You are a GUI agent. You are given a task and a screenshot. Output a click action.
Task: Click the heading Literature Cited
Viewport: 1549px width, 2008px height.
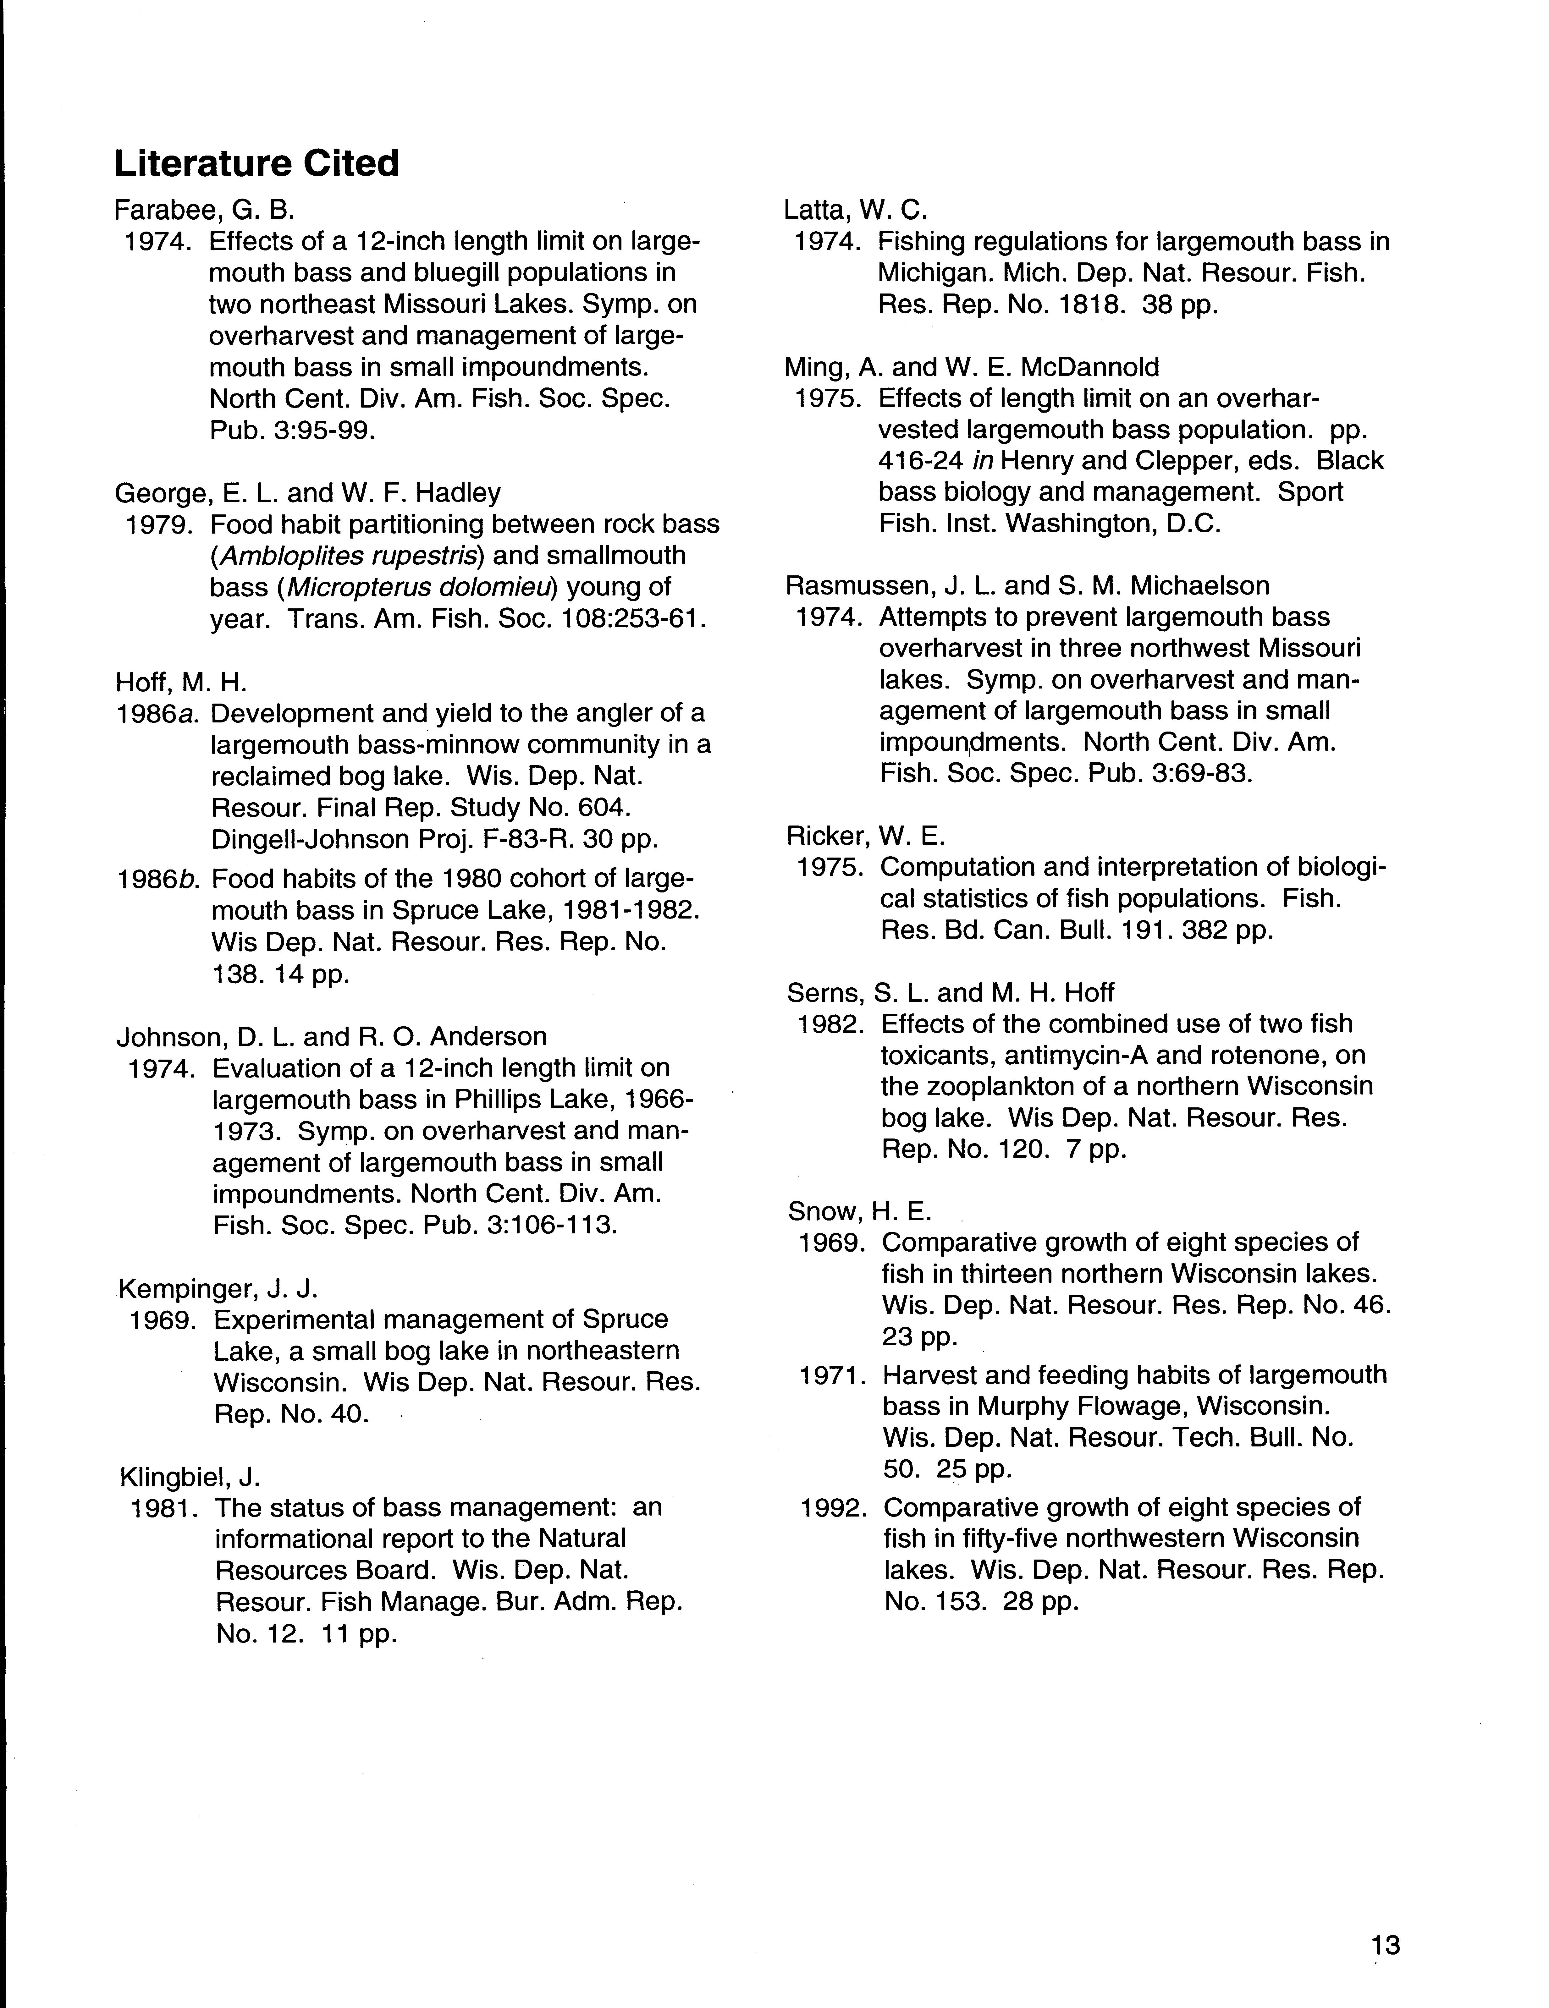point(256,164)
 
